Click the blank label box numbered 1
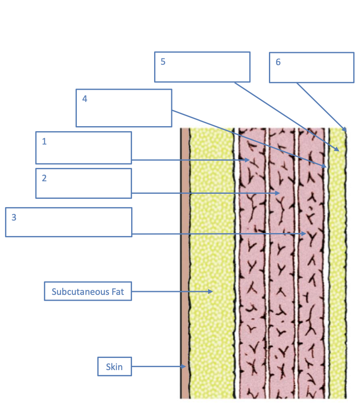(x=84, y=147)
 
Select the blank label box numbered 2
(x=84, y=183)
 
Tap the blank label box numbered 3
(x=68, y=222)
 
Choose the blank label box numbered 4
(x=124, y=108)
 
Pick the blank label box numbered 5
(x=202, y=67)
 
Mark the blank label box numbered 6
(x=312, y=67)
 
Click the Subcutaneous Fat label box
(x=88, y=291)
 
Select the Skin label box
(x=114, y=367)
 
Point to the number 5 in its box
(x=163, y=62)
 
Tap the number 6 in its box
(x=278, y=62)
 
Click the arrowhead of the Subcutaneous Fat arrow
(x=212, y=291)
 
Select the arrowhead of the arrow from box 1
(x=248, y=160)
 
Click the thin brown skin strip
(x=184, y=251)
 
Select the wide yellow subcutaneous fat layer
(x=211, y=251)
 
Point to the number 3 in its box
(x=14, y=218)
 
